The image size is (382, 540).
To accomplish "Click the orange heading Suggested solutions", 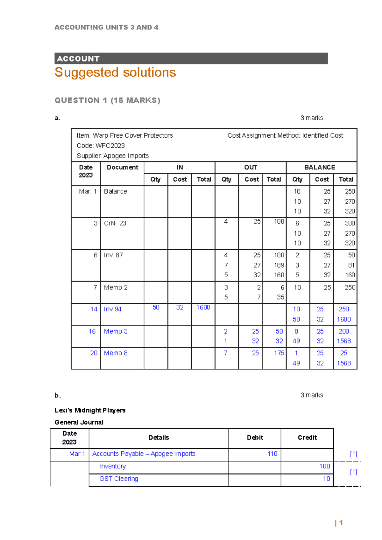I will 115,73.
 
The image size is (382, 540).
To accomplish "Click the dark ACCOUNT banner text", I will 78,59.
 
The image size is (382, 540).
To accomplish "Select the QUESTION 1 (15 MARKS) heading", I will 107,100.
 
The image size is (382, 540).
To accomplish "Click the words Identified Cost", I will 322,135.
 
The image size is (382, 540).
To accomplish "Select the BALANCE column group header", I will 320,168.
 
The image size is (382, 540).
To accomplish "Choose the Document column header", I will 123,168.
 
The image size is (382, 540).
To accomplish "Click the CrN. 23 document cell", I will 115,223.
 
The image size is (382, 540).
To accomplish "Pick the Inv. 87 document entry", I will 113,255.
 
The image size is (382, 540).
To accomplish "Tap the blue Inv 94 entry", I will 113,309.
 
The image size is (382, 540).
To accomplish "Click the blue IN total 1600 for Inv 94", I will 203,308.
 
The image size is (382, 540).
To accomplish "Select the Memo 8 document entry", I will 116,353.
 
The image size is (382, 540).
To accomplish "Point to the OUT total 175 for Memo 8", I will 279,353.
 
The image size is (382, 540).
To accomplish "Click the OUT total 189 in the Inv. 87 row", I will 279,265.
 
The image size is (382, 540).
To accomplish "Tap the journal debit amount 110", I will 272,454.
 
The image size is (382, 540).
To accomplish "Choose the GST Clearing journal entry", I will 119,479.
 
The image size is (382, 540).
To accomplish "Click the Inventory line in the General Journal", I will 113,466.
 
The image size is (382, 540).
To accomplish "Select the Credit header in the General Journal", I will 307,438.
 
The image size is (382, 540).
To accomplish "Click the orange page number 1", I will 341,523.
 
